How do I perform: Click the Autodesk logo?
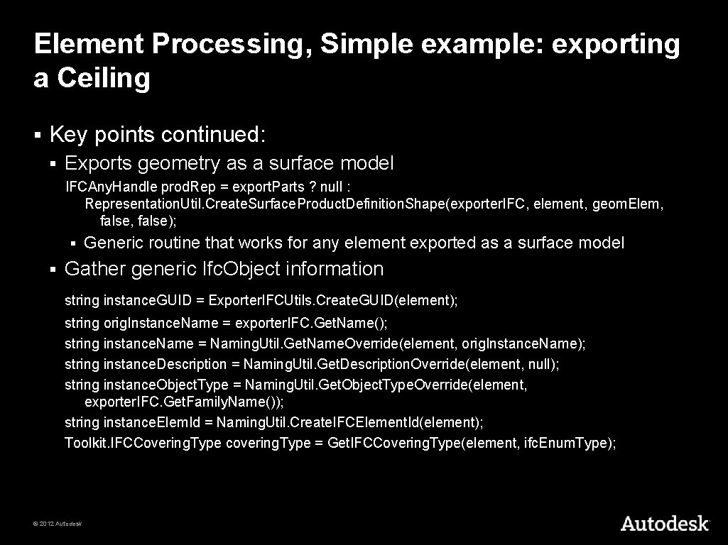click(x=664, y=524)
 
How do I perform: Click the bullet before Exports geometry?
click(x=53, y=164)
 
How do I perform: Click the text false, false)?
click(x=138, y=221)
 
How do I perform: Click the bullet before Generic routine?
click(x=73, y=243)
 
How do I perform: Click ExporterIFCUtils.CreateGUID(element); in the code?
click(x=333, y=301)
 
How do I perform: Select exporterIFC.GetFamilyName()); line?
click(x=184, y=402)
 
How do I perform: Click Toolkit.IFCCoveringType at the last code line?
click(x=143, y=444)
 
